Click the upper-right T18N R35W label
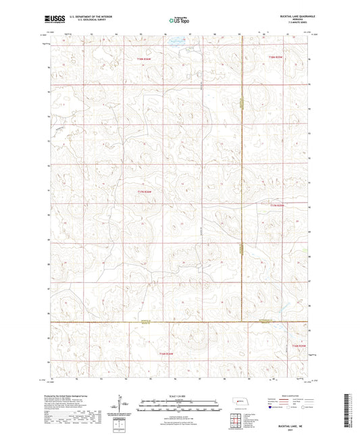274,57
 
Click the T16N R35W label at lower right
299,347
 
